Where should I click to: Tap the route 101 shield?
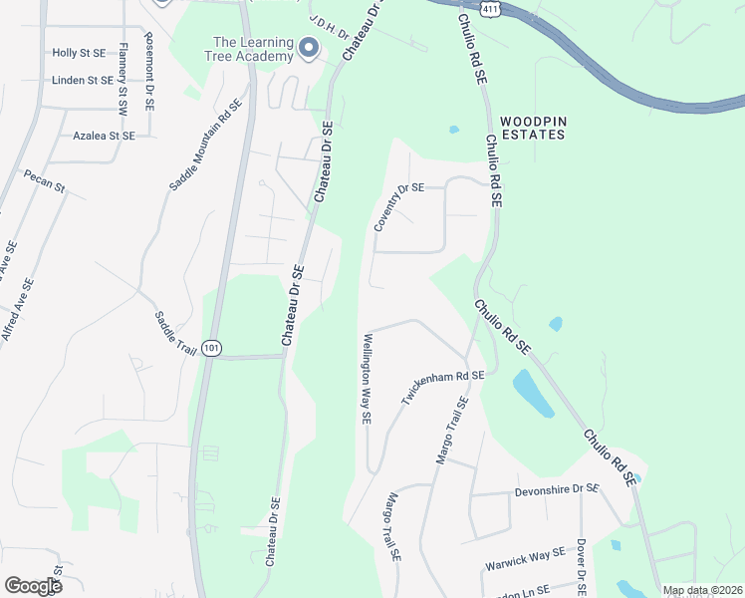[210, 348]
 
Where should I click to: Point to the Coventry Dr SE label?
[398, 207]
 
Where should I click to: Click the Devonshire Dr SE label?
[557, 490]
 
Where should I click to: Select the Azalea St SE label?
[104, 135]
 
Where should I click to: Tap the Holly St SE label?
[79, 52]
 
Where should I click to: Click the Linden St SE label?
[83, 80]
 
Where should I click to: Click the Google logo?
[33, 585]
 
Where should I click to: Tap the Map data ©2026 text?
[702, 590]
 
